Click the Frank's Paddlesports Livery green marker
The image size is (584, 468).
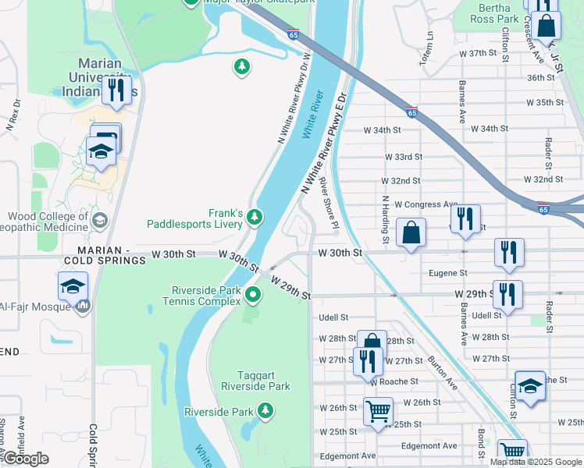[x=255, y=216]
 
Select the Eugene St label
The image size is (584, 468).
[x=448, y=273]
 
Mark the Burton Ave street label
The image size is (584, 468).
[x=442, y=373]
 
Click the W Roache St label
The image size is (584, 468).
[x=395, y=381]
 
